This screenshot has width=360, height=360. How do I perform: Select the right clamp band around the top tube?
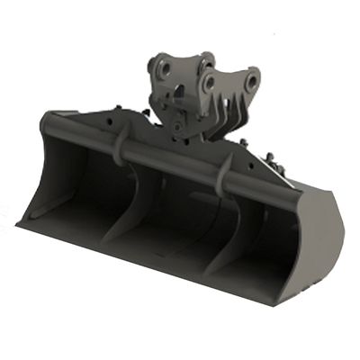point(224,174)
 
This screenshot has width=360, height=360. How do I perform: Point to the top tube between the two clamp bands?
point(171,160)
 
